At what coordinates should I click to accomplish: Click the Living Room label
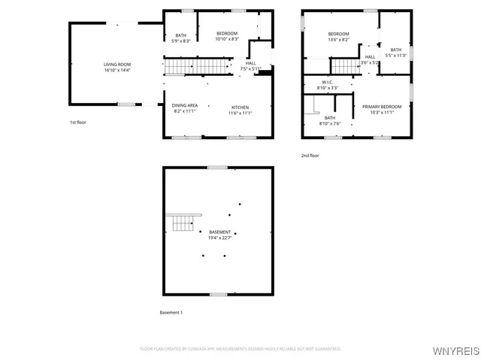click(117, 65)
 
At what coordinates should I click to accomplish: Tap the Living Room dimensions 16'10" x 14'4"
click(117, 71)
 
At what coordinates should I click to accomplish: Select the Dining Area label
click(185, 105)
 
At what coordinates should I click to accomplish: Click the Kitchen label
click(240, 106)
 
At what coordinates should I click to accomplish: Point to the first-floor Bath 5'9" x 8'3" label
click(181, 35)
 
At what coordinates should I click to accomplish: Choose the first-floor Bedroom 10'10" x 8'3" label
click(227, 34)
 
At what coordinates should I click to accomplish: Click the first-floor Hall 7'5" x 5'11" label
click(250, 63)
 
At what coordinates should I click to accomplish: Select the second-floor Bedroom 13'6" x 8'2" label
click(338, 34)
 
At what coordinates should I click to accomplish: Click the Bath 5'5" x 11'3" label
click(395, 50)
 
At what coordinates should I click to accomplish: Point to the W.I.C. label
click(328, 82)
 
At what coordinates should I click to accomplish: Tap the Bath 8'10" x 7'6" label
click(330, 117)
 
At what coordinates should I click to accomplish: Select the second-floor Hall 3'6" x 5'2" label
click(371, 57)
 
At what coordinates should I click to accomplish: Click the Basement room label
click(220, 232)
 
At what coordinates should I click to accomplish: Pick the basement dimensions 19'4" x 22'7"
click(220, 238)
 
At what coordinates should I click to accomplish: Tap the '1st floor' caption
click(78, 122)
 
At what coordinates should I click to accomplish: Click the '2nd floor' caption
click(310, 155)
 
